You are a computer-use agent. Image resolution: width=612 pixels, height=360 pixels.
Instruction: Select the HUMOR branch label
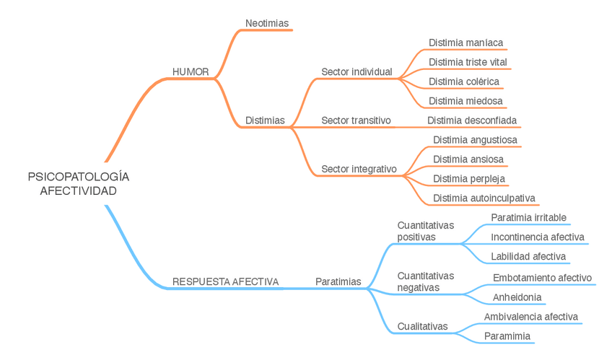pos(191,72)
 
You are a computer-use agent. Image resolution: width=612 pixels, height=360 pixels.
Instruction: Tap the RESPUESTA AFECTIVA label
pos(225,281)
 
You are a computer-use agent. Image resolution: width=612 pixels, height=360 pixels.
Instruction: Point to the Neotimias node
pos(266,23)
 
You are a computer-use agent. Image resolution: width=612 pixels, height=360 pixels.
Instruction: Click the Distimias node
pos(265,120)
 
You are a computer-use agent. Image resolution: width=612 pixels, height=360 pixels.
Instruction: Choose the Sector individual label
pos(357,72)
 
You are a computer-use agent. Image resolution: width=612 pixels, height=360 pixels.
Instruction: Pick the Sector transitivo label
pos(356,120)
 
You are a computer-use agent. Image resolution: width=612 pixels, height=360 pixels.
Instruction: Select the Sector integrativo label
pos(359,169)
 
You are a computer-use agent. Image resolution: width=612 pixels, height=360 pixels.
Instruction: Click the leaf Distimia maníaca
pos(465,43)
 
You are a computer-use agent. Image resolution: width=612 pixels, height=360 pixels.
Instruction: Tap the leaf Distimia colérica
pos(463,82)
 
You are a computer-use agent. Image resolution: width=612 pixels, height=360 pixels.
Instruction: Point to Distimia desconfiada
pos(472,120)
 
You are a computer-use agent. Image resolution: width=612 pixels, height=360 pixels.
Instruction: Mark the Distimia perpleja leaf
pos(468,178)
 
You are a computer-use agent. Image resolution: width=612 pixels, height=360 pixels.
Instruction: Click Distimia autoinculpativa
pos(484,198)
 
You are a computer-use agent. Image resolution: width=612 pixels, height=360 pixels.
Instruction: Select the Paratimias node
pos(338,281)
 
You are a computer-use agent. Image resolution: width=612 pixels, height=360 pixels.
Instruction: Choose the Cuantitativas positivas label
pos(426,231)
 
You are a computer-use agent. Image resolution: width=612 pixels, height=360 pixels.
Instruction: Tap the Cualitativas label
pos(422,326)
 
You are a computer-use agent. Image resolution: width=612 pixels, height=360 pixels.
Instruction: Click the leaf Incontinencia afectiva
pos(537,237)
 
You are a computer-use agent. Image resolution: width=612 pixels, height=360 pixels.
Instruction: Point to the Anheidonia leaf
pos(517,297)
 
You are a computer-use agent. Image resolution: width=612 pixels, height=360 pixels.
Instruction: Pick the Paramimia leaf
pos(507,336)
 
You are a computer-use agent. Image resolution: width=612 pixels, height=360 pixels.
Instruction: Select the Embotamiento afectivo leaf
pos(542,278)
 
